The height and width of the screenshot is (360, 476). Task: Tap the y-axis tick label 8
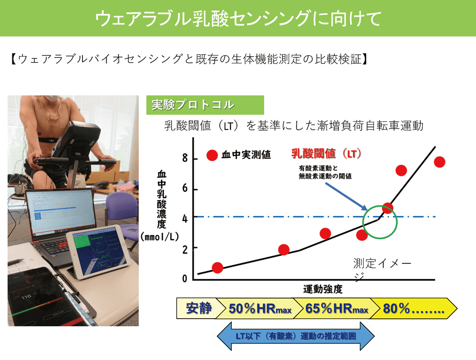point(185,158)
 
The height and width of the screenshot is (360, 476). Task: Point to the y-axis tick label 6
point(185,188)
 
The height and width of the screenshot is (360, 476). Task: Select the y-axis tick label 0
point(185,278)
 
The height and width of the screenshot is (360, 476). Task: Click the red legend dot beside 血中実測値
point(212,155)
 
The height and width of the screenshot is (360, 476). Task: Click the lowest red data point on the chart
point(218,268)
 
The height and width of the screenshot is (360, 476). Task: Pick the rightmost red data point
point(439,162)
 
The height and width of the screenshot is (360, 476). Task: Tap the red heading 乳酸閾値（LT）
point(327,154)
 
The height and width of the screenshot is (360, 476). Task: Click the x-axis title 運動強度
point(323,289)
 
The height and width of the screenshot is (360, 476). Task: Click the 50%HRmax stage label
point(260,309)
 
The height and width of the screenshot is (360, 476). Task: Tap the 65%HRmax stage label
point(337,309)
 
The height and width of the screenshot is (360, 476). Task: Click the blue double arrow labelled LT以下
point(296,336)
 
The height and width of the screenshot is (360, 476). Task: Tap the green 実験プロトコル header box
point(205,105)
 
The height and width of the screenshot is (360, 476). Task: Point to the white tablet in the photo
point(99,252)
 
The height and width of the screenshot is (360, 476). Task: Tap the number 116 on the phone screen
point(26,296)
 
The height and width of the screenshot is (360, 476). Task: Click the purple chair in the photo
point(121,209)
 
